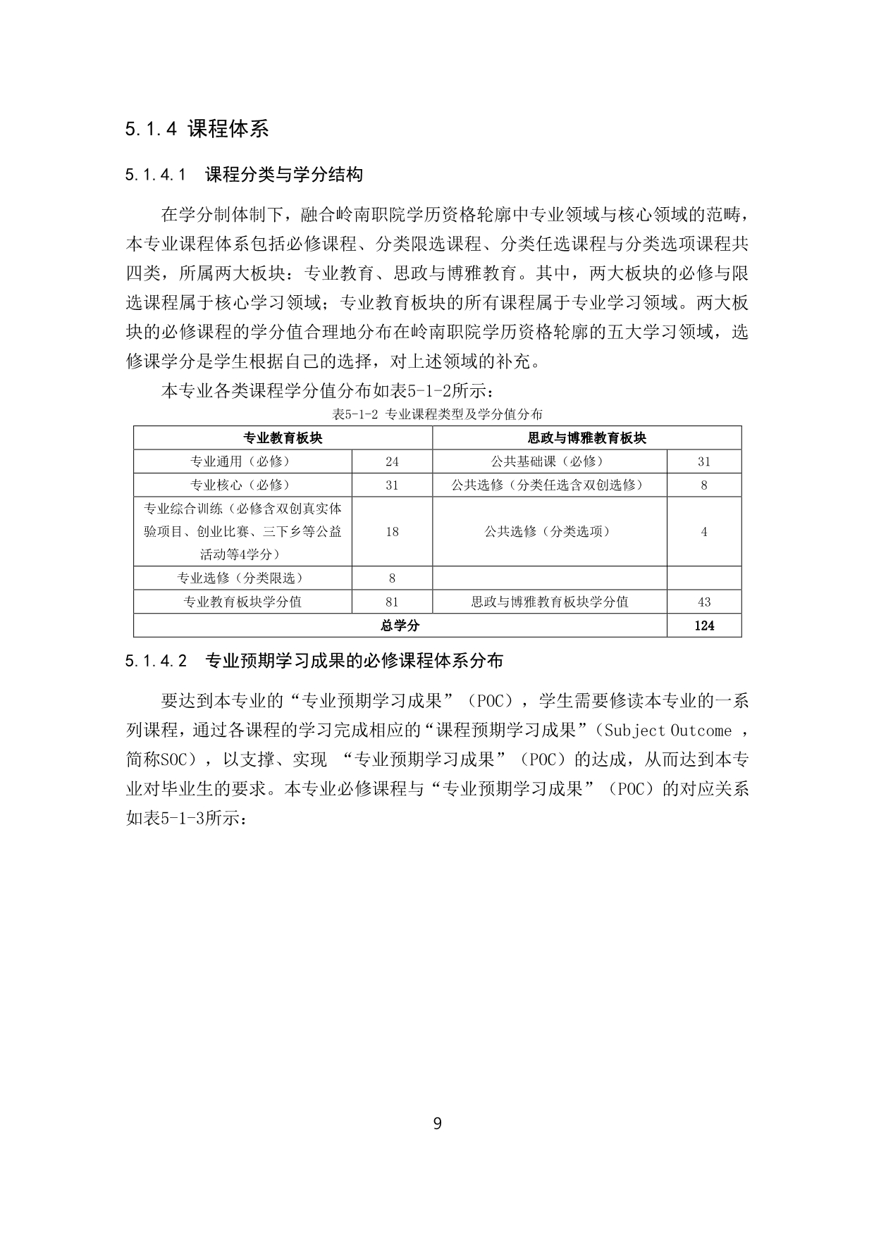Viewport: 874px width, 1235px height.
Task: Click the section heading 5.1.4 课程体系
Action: click(x=197, y=129)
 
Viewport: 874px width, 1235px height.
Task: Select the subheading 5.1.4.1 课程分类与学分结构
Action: click(x=244, y=175)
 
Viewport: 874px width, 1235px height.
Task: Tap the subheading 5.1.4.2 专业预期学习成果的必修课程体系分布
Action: click(x=314, y=661)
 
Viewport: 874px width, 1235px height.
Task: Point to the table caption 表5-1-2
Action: click(x=437, y=414)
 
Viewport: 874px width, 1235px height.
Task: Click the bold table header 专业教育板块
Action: click(x=283, y=438)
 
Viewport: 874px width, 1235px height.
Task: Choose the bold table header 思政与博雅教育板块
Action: click(x=586, y=438)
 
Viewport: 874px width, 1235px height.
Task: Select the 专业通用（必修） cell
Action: click(x=242, y=461)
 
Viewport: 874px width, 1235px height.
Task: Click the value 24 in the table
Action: click(x=392, y=461)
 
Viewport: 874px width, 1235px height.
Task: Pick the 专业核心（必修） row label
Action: click(x=242, y=485)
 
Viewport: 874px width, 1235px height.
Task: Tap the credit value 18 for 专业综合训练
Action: click(x=392, y=532)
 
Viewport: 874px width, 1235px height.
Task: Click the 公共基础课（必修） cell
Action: click(x=549, y=461)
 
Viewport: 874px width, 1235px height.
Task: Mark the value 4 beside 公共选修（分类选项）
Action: click(x=703, y=532)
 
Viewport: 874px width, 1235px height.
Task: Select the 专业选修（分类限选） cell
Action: click(x=242, y=578)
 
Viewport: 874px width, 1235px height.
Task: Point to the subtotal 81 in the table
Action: click(x=392, y=602)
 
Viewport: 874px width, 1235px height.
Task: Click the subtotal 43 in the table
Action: click(x=703, y=602)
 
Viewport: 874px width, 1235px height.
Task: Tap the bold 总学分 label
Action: click(x=400, y=625)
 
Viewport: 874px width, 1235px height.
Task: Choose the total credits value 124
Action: click(x=703, y=625)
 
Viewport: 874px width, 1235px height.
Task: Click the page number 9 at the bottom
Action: click(x=437, y=1123)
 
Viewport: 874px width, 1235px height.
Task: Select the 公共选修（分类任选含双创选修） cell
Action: click(x=549, y=485)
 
